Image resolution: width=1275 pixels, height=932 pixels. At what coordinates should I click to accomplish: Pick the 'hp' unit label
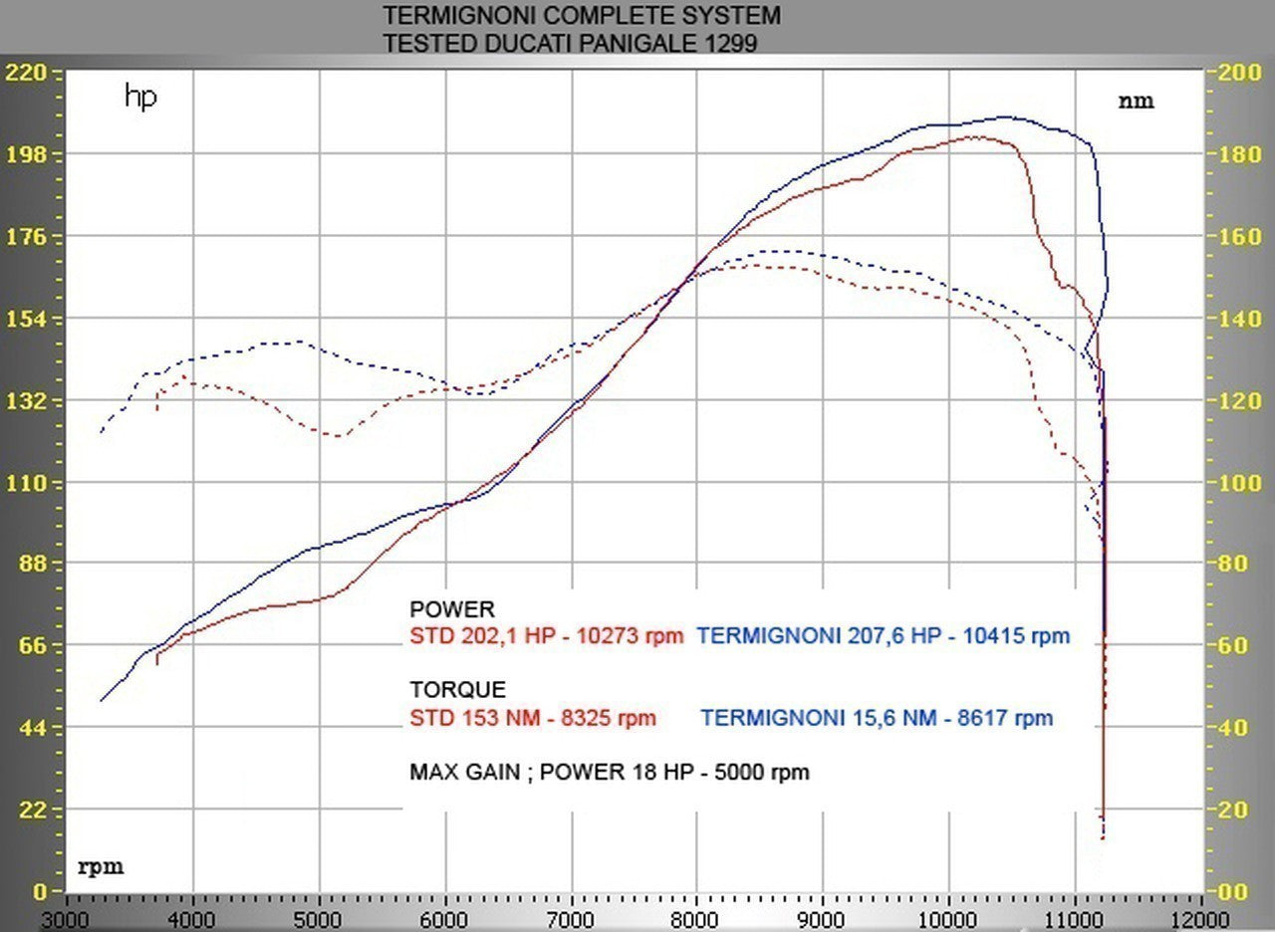(140, 97)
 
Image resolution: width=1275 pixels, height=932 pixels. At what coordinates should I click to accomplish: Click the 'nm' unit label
(1136, 101)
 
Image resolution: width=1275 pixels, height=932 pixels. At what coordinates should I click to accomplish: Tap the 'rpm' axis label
(101, 867)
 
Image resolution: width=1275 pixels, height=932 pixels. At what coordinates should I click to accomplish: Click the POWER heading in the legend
(451, 609)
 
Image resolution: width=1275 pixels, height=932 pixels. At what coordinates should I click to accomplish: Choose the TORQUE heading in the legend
(457, 689)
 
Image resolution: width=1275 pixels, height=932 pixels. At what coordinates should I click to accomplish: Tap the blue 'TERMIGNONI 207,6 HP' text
(818, 636)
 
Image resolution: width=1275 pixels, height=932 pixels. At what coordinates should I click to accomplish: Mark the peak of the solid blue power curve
(1004, 116)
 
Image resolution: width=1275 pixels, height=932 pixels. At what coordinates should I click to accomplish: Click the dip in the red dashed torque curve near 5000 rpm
(339, 436)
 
